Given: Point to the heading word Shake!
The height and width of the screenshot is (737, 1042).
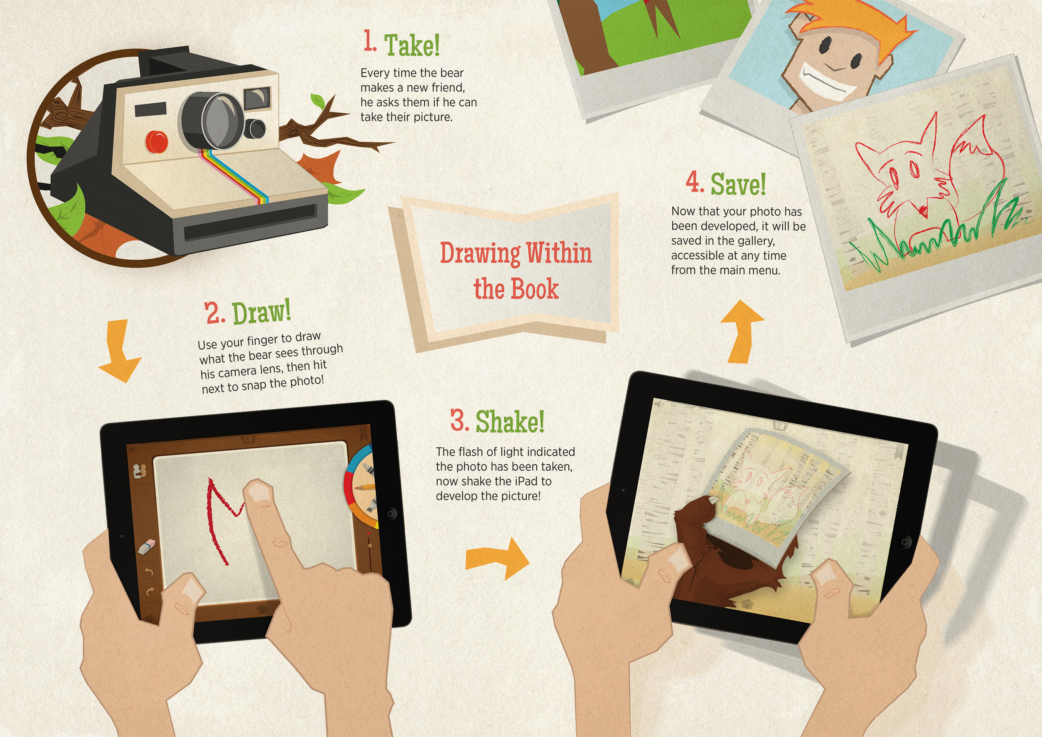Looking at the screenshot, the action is (510, 421).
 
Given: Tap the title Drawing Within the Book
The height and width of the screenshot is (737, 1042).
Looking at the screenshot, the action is (516, 271).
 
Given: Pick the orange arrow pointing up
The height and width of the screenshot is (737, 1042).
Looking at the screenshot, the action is (742, 331).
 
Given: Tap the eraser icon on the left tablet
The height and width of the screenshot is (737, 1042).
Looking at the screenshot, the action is (146, 547).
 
